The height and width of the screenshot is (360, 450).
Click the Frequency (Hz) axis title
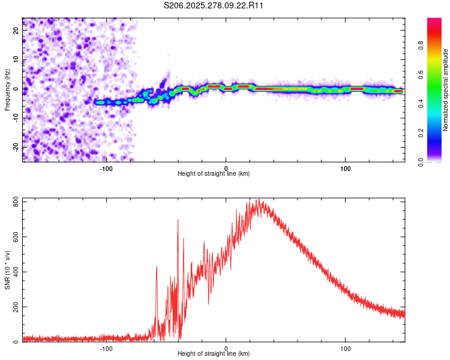pyautogui.click(x=7, y=89)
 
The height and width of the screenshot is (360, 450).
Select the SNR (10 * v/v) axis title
pyautogui.click(x=7, y=270)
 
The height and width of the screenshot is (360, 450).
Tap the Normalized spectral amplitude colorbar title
pyautogui.click(x=446, y=90)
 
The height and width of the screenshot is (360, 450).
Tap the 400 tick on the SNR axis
pyautogui.click(x=16, y=272)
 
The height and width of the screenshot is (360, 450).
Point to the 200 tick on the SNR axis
pyautogui.click(x=16, y=307)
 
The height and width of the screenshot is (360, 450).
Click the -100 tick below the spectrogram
pyautogui.click(x=106, y=167)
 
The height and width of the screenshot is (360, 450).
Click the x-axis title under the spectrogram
pyautogui.click(x=214, y=174)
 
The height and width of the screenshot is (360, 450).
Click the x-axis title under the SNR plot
pyautogui.click(x=214, y=354)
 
